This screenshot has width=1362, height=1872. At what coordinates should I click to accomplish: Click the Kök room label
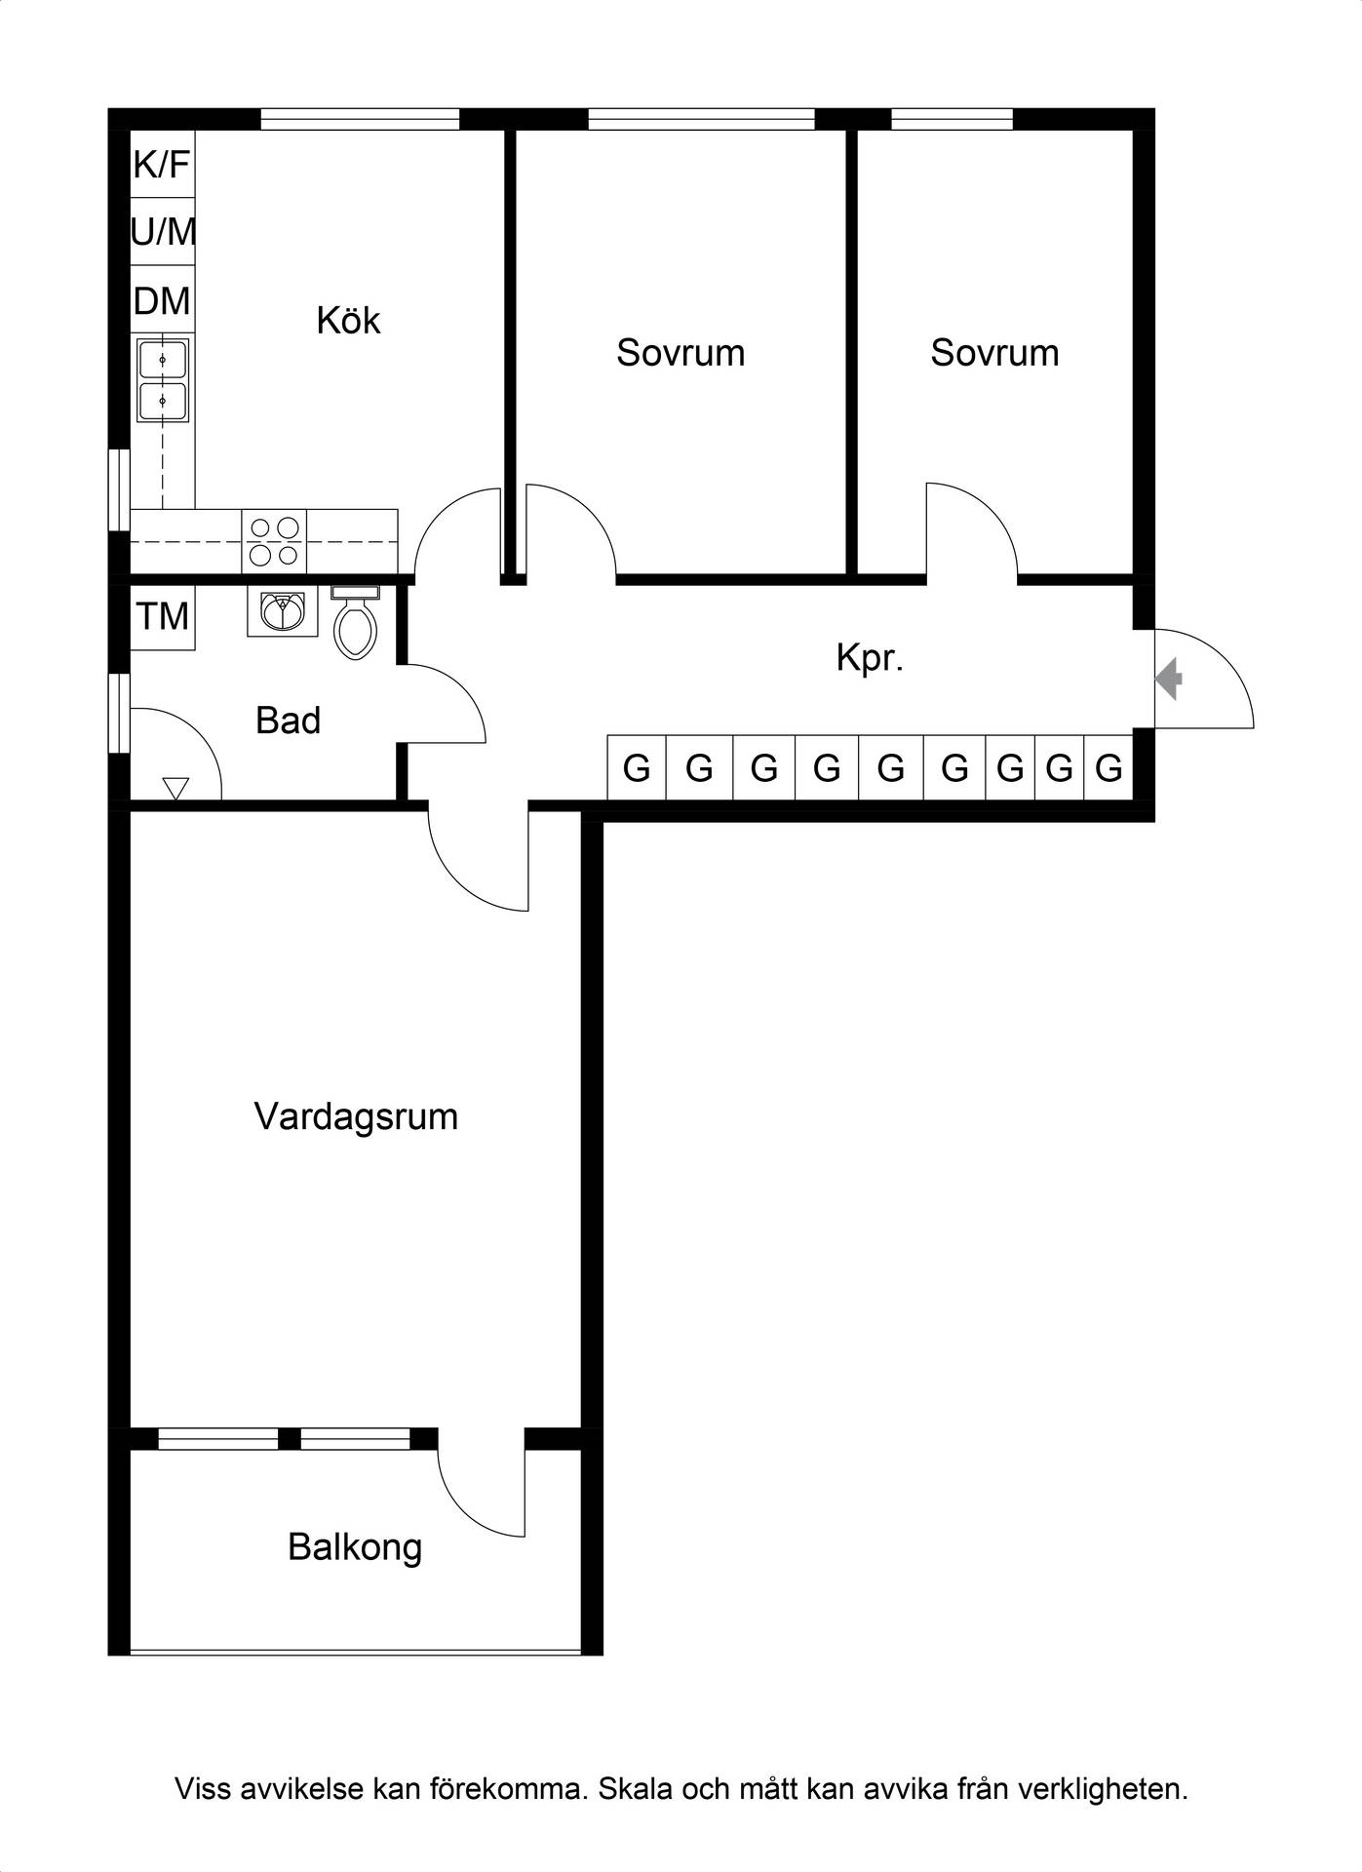348,321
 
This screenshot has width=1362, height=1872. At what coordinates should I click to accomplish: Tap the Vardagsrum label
356,1117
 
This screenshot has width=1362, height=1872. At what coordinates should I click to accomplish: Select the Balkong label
355,1548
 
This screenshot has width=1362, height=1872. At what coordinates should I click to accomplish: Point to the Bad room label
288,721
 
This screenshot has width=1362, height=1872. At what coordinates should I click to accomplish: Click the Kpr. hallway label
870,659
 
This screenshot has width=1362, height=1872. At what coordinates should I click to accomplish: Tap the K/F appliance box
162,165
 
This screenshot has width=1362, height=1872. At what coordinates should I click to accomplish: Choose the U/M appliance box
162,232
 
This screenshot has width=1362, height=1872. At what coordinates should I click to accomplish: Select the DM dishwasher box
162,300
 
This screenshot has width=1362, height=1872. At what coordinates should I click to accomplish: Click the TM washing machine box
163,617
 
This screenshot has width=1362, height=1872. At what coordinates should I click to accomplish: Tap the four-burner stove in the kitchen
274,541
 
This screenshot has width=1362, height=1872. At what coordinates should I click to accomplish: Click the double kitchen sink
163,380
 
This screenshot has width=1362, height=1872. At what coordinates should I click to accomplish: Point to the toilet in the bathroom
355,622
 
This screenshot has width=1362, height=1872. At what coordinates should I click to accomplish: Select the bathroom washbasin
283,612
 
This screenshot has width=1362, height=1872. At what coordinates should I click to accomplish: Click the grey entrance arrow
1169,680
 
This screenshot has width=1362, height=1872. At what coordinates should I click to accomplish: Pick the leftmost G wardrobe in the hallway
637,767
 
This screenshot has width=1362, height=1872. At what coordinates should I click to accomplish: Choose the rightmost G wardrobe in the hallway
1109,767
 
